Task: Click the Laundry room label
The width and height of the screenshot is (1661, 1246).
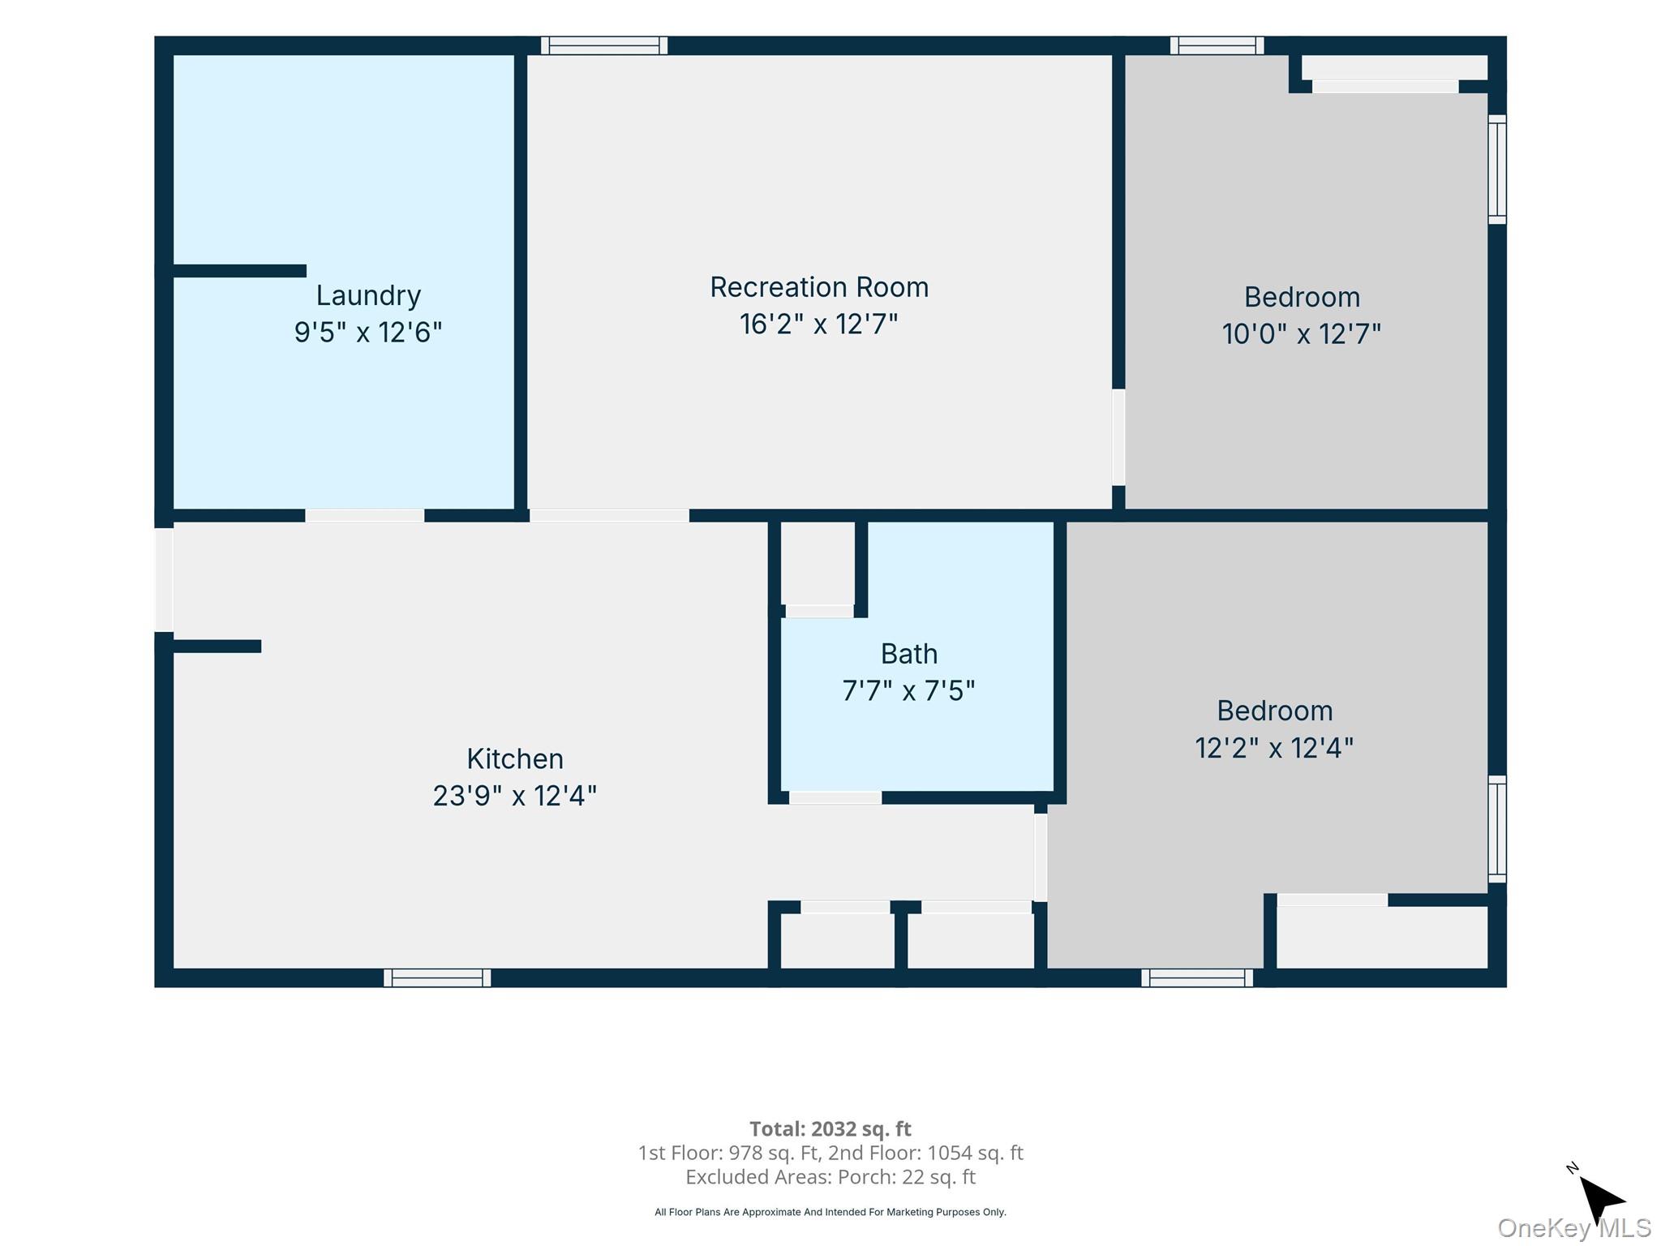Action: click(x=368, y=296)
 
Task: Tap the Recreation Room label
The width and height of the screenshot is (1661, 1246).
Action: click(x=819, y=287)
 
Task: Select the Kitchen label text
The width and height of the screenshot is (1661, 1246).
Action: click(x=515, y=759)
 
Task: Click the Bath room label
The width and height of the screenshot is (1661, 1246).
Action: click(x=909, y=654)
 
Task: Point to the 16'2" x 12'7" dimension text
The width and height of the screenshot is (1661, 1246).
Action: click(x=819, y=324)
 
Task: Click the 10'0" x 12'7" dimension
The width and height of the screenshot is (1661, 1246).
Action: click(x=1302, y=334)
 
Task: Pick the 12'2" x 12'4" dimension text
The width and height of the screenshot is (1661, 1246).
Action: click(x=1274, y=748)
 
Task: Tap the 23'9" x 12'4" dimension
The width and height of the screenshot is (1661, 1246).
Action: click(x=515, y=797)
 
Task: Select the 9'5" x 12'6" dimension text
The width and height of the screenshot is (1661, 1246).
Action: click(x=368, y=333)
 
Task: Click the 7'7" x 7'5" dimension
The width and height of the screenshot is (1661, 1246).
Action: click(x=909, y=691)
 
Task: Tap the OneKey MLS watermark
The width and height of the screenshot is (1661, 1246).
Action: click(x=1574, y=1228)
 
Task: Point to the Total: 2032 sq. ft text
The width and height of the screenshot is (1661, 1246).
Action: click(x=830, y=1129)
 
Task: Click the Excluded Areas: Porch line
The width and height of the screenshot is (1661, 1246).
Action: click(x=830, y=1177)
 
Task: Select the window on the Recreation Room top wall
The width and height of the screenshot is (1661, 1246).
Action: click(x=604, y=45)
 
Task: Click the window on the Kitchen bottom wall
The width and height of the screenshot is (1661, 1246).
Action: click(x=437, y=977)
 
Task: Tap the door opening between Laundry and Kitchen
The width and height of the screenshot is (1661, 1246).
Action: click(x=365, y=515)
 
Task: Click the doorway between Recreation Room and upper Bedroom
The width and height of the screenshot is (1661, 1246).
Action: click(x=1118, y=437)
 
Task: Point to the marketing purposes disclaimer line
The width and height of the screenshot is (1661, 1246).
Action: click(x=830, y=1212)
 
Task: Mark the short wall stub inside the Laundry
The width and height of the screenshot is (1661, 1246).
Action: click(x=240, y=271)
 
